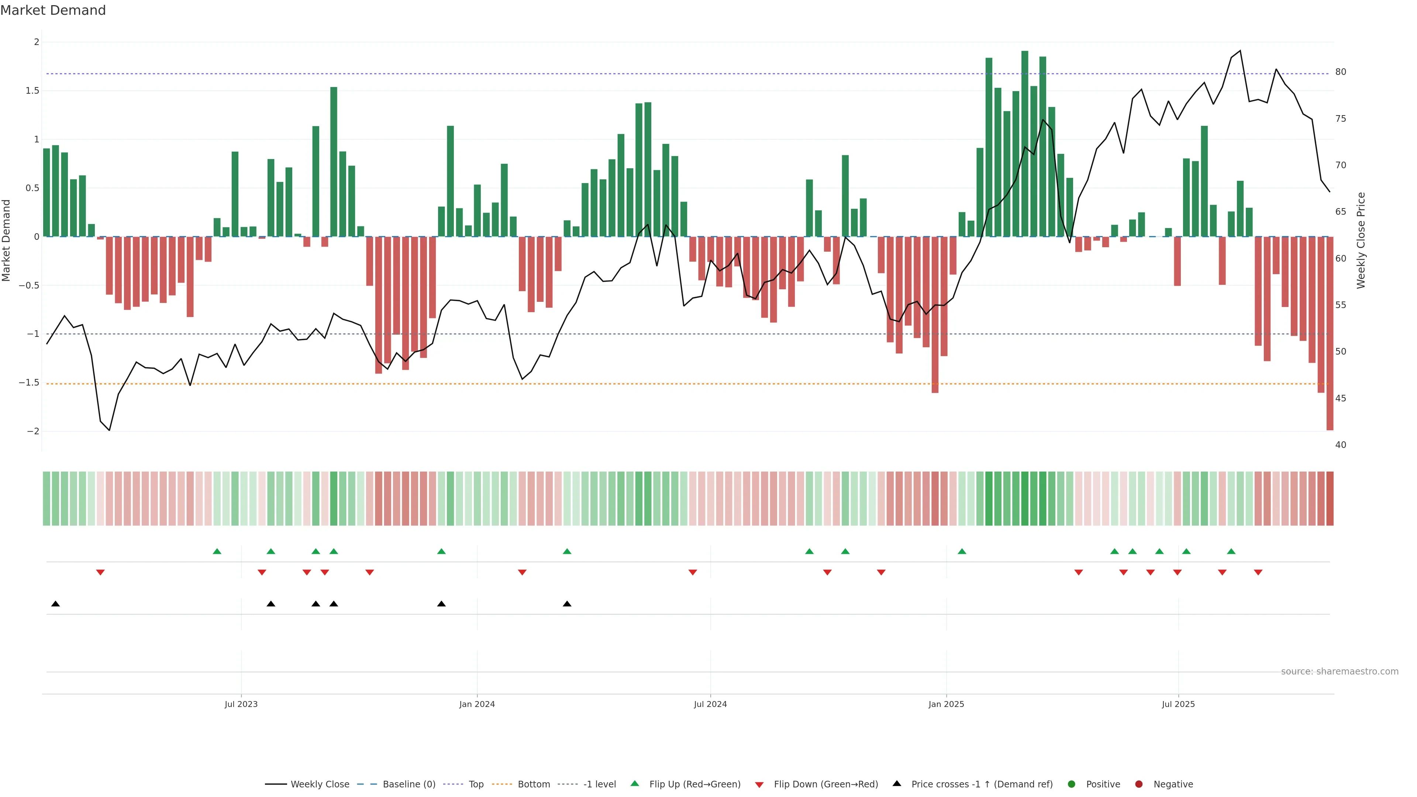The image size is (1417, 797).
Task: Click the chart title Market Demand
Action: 53,10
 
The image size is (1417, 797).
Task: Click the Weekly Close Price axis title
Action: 1361,240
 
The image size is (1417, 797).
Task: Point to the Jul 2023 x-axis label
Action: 241,704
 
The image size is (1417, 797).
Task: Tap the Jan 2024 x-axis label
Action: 477,704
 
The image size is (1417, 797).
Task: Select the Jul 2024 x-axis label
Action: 710,704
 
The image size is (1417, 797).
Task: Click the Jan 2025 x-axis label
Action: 946,704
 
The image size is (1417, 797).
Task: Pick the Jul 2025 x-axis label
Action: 1178,704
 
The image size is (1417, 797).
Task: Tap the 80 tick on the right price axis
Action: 1341,72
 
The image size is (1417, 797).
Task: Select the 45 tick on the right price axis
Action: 1341,398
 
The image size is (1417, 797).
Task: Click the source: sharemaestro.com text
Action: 1340,672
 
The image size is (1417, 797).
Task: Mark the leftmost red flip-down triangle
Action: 100,573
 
